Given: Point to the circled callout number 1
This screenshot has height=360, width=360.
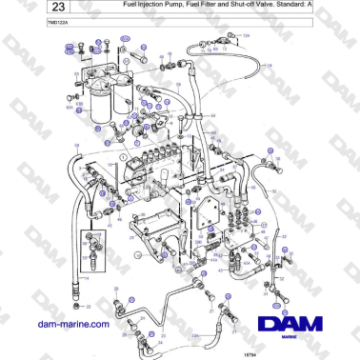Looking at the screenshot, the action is point(123,154).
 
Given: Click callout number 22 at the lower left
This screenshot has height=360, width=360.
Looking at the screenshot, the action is point(87,307).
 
